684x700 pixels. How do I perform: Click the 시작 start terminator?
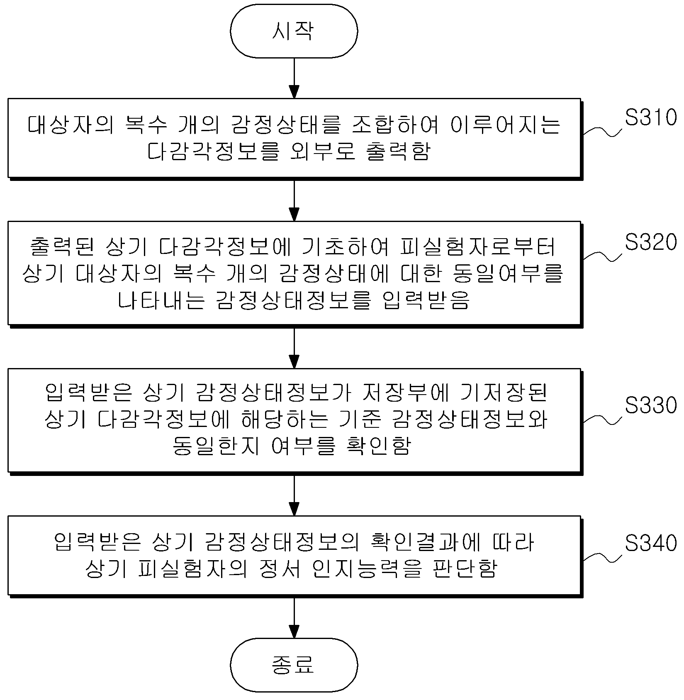[294, 31]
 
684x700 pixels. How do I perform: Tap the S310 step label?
[651, 118]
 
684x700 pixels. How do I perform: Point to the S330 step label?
[651, 405]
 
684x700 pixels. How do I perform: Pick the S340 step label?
[651, 543]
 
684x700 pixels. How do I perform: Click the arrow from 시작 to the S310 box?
[294, 78]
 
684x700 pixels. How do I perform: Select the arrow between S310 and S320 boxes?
[294, 200]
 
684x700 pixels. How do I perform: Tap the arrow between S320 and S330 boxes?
[294, 348]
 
